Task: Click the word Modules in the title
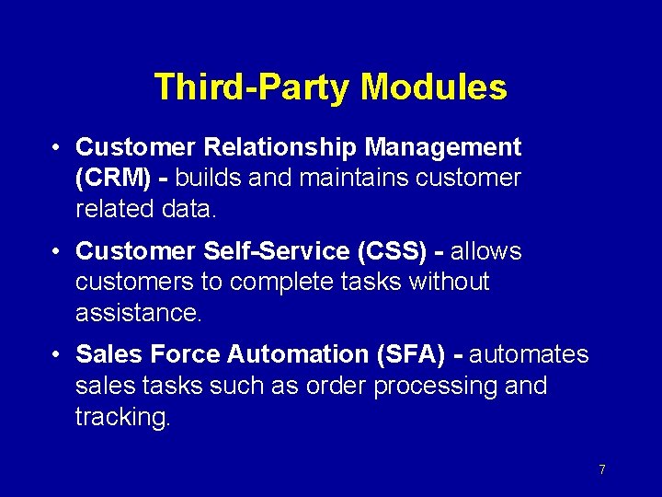[433, 87]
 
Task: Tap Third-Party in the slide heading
[253, 87]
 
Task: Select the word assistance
[138, 313]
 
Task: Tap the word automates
[529, 354]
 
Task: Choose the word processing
[432, 386]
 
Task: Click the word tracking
[122, 417]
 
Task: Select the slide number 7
[601, 469]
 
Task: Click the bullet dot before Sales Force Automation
[57, 354]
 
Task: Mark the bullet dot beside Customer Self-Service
[57, 251]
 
